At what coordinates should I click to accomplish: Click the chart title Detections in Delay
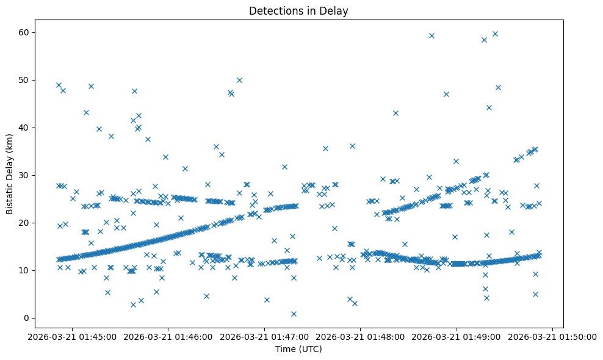pyautogui.click(x=298, y=10)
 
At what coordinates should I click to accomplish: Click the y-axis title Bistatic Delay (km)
pyautogui.click(x=10, y=174)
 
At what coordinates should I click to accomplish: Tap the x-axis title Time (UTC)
pyautogui.click(x=298, y=350)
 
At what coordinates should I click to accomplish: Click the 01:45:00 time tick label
pyautogui.click(x=73, y=336)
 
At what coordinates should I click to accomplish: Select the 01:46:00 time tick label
pyautogui.click(x=168, y=336)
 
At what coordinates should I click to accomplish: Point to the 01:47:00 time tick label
pyautogui.click(x=265, y=336)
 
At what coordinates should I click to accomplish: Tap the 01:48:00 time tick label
pyautogui.click(x=361, y=336)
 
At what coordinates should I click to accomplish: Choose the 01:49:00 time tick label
pyautogui.click(x=457, y=336)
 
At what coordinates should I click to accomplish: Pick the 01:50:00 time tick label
pyautogui.click(x=553, y=336)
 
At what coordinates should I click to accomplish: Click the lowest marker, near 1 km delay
pyautogui.click(x=294, y=314)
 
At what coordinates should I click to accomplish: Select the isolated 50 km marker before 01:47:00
pyautogui.click(x=239, y=80)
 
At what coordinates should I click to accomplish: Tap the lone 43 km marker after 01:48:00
pyautogui.click(x=395, y=113)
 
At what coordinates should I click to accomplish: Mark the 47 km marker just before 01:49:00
pyautogui.click(x=446, y=94)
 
